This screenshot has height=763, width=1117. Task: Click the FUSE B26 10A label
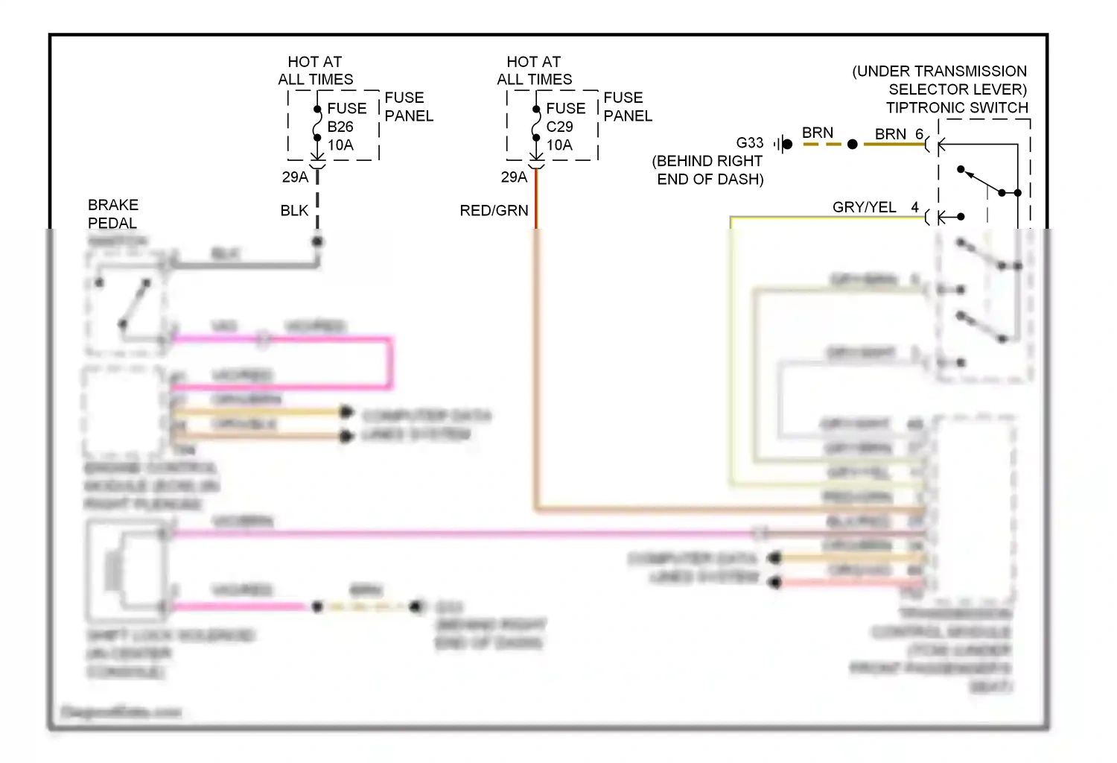pos(346,127)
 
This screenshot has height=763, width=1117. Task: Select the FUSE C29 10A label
pos(565,127)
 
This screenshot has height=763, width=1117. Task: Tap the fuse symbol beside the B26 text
pos(317,124)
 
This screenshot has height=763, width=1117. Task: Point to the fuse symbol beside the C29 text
pos(536,124)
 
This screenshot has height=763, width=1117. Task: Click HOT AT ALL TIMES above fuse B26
pos(315,71)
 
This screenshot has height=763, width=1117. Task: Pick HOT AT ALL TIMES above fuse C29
pos(534,71)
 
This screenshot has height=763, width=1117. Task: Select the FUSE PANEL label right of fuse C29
pos(627,107)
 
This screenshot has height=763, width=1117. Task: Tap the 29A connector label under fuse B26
pos(294,177)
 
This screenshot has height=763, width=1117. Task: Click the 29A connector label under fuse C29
pos(513,177)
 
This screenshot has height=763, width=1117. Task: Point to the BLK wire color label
pos(294,211)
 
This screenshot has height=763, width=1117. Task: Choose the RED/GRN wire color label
pos(494,211)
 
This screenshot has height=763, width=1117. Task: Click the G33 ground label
pos(749,143)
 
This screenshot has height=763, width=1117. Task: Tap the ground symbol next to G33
pos(782,144)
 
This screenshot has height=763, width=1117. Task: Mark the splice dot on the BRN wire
pos(853,144)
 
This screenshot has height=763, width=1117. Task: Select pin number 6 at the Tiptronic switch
pos(920,134)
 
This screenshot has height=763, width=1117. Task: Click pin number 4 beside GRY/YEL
pos(915,207)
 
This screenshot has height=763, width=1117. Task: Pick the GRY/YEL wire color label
pos(864,207)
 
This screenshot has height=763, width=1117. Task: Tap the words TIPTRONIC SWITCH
pos(957,108)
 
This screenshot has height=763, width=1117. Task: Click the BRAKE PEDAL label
pos(113,214)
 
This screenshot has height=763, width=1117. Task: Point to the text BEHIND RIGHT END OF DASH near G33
pos(708,170)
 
